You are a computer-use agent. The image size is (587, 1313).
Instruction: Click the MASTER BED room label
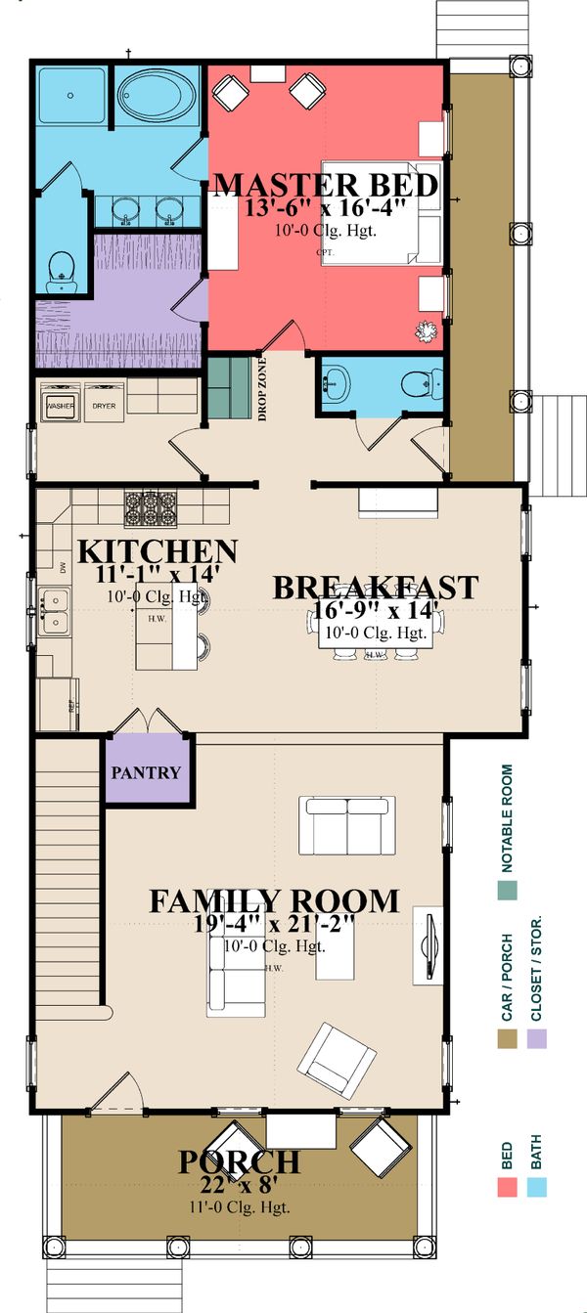click(325, 186)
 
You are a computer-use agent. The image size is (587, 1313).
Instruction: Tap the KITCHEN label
click(157, 551)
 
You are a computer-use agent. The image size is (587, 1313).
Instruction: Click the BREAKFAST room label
click(375, 588)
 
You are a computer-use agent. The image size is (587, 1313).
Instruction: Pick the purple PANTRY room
click(147, 772)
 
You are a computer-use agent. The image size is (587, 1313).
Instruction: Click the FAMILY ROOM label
click(274, 900)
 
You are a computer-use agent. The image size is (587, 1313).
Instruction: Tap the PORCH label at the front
click(239, 1162)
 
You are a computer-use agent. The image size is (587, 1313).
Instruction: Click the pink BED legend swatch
click(507, 1187)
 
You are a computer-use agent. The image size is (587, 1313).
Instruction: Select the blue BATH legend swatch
click(536, 1187)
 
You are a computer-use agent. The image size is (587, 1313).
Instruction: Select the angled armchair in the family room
click(336, 1060)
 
